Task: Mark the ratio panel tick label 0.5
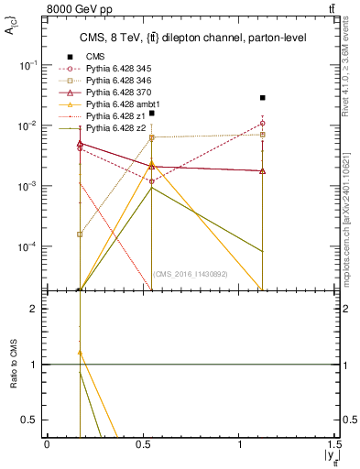[32, 420]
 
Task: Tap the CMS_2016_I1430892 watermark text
[190, 274]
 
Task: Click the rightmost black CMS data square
[263, 97]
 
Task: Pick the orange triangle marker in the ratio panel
[80, 353]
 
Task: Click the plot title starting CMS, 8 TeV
[191, 38]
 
